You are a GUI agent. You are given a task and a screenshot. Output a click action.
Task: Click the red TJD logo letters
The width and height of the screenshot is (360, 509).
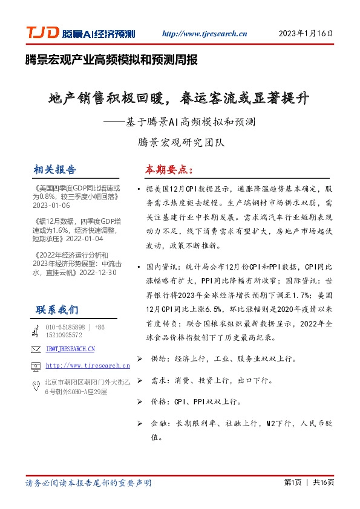(x=42, y=34)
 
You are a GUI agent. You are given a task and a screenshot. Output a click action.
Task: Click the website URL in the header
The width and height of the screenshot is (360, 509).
(x=205, y=34)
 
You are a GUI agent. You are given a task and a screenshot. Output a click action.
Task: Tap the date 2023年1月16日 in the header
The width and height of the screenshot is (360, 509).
(x=306, y=34)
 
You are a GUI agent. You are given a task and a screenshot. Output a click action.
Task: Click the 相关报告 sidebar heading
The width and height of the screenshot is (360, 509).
(x=55, y=169)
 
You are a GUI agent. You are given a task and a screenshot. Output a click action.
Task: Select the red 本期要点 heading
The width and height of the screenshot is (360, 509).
(x=169, y=169)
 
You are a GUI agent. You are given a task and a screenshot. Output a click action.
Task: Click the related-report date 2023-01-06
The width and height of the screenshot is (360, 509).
(x=51, y=205)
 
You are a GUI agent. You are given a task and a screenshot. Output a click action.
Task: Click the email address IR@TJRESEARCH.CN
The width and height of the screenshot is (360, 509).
(x=70, y=349)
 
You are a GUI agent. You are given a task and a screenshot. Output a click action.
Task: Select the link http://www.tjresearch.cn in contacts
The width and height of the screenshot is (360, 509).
(x=88, y=365)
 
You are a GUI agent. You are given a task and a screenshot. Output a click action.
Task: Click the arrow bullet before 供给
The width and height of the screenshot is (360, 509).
(x=140, y=358)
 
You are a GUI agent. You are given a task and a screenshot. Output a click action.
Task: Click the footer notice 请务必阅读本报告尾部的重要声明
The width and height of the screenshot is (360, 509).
(x=88, y=483)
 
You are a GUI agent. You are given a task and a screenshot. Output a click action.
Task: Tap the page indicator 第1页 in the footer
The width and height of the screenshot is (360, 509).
(x=292, y=482)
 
